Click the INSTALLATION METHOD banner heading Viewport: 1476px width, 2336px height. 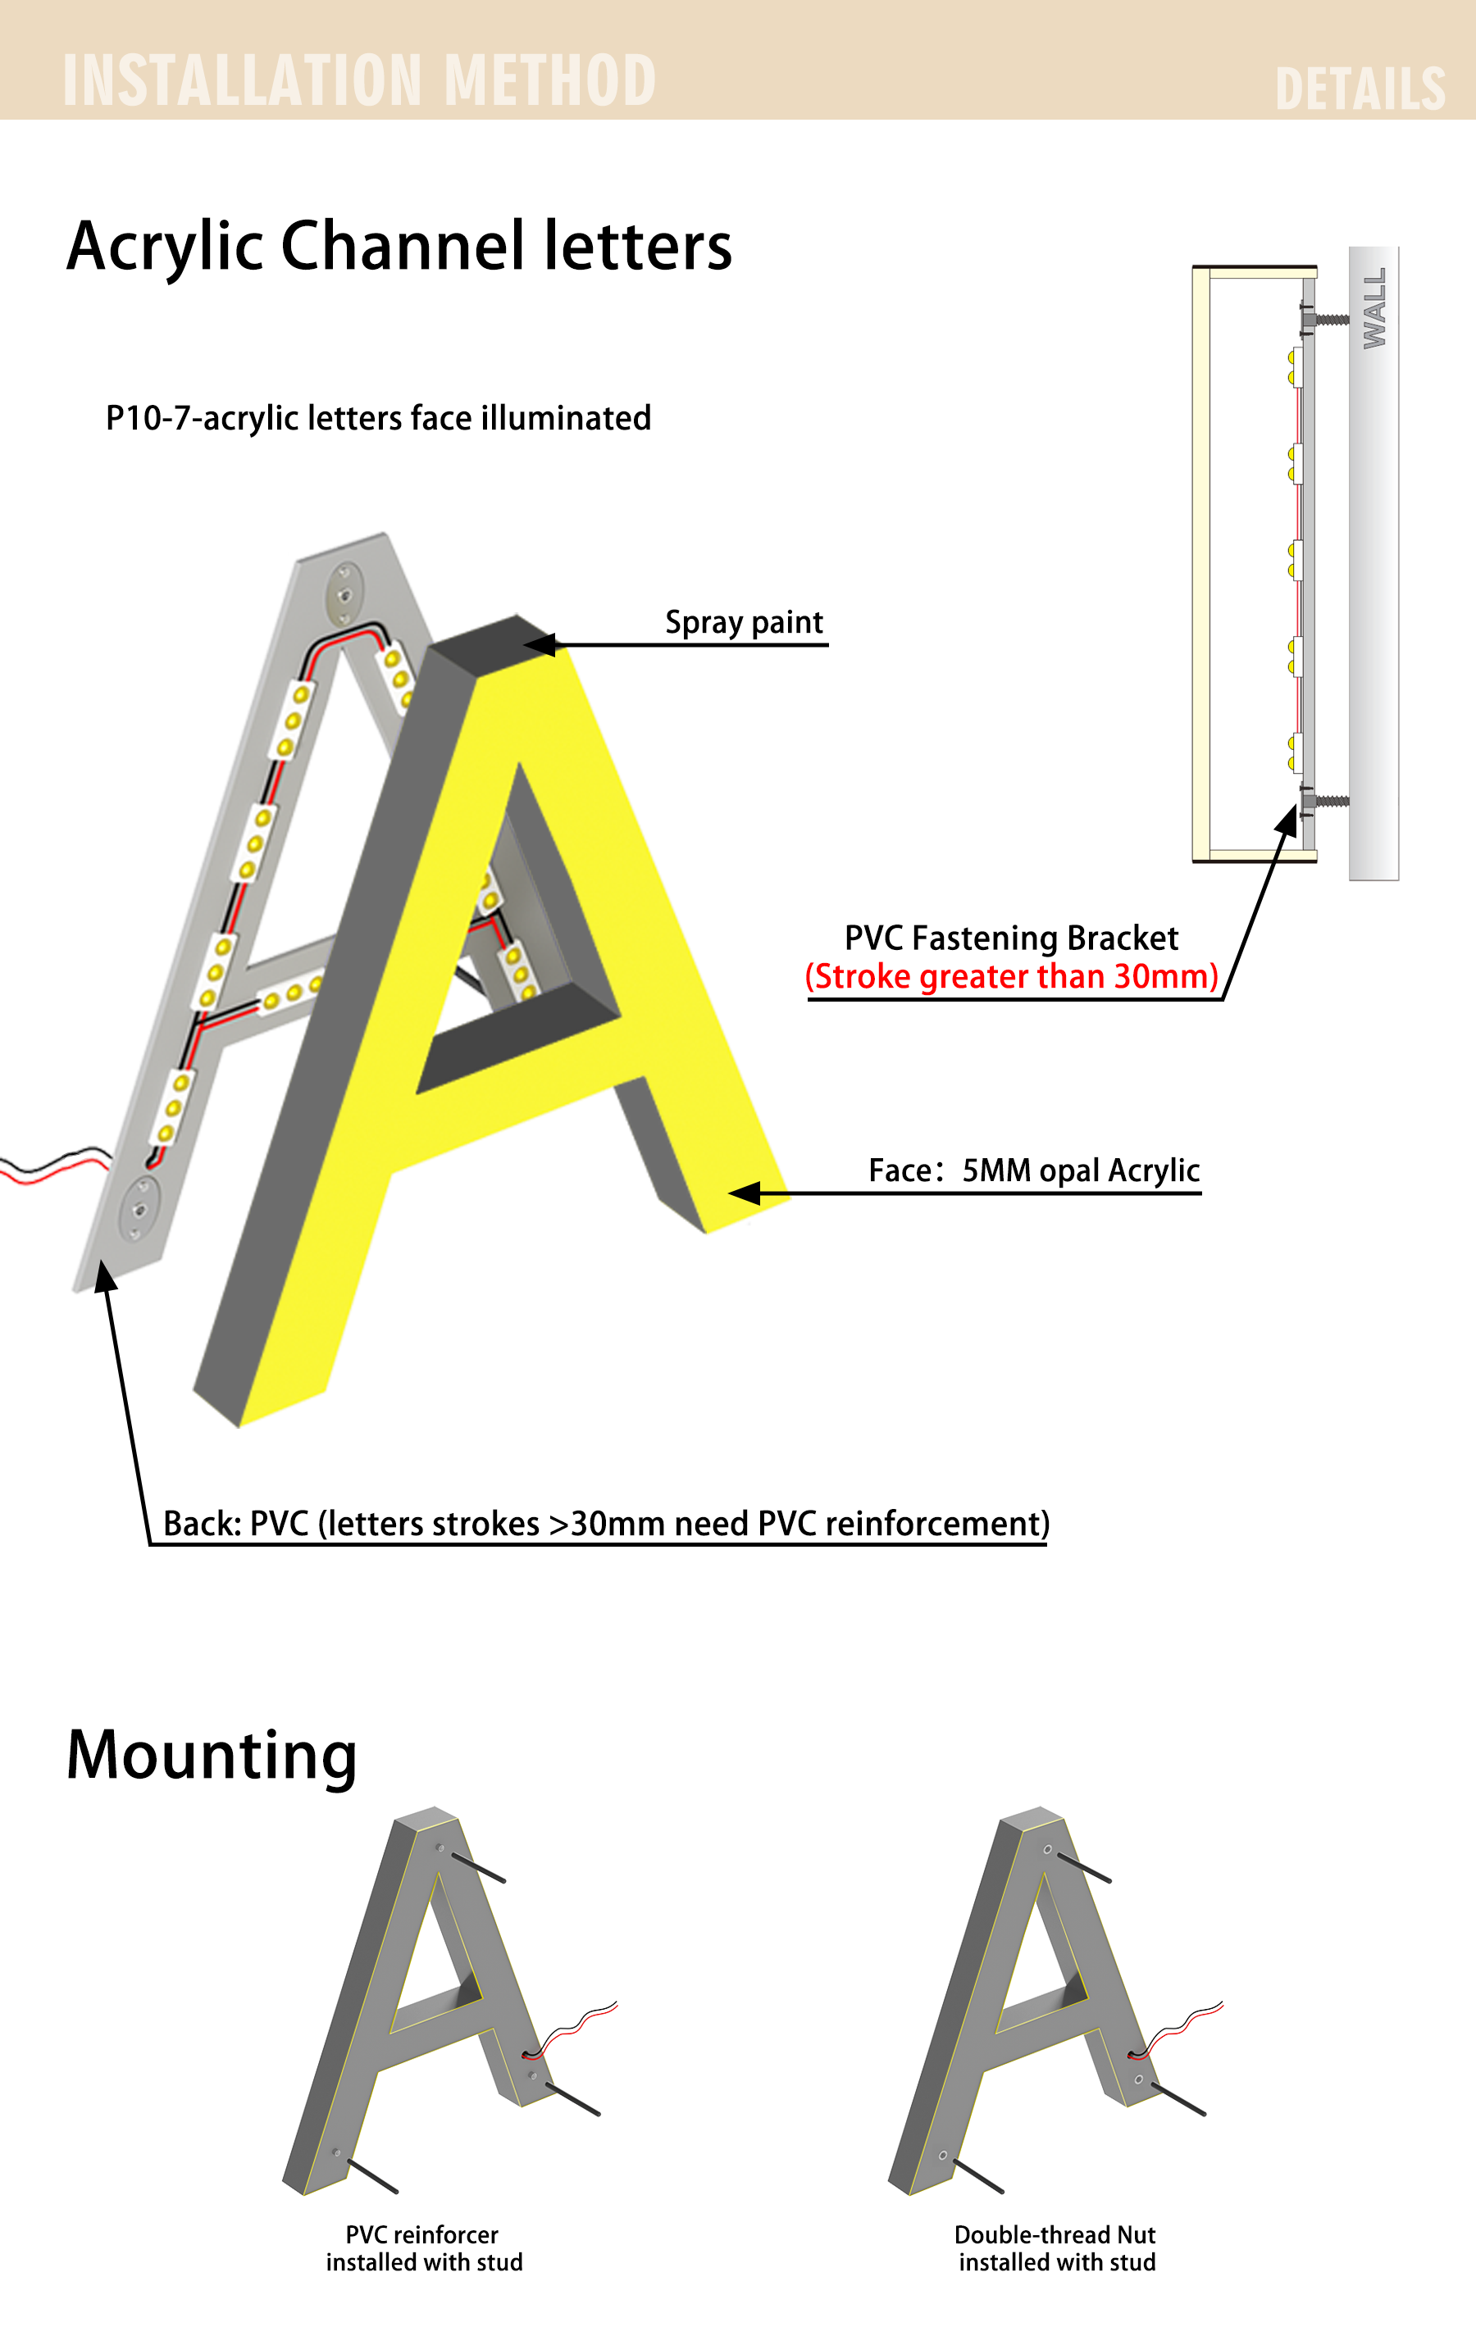(x=359, y=80)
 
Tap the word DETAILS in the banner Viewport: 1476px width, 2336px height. (x=1360, y=89)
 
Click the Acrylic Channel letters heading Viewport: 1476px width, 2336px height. (x=399, y=247)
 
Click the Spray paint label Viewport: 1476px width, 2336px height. (x=745, y=622)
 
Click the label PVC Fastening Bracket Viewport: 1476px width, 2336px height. (x=1011, y=938)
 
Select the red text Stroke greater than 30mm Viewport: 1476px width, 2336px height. (x=1011, y=977)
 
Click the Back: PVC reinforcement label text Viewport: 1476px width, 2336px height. (x=605, y=1523)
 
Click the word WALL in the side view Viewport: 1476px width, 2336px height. (x=1374, y=308)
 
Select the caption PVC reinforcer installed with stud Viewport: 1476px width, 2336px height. (x=424, y=2247)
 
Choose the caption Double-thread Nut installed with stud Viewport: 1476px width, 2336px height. (x=1056, y=2247)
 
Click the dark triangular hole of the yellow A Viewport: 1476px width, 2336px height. (x=519, y=931)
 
